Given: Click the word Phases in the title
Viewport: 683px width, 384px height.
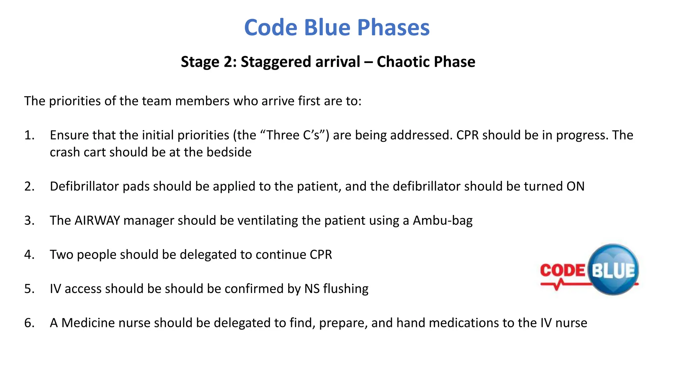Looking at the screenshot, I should click(393, 27).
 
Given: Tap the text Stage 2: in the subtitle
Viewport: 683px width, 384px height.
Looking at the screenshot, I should click(208, 62).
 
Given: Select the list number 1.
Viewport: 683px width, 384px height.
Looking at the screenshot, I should click(29, 135).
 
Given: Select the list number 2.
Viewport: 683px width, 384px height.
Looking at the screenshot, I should click(29, 186).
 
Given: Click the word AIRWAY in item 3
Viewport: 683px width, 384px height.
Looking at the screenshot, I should click(97, 221).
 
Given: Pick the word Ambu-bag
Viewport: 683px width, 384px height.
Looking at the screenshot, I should click(443, 221).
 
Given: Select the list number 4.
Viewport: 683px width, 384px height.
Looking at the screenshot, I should click(29, 255).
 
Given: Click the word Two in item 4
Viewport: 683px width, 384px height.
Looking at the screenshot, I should click(61, 255).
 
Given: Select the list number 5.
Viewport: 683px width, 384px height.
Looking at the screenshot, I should click(29, 289).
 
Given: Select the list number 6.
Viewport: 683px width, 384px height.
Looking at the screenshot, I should click(29, 323).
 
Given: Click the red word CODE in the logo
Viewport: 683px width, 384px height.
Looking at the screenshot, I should click(563, 270).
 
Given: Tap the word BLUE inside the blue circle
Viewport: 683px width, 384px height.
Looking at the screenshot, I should click(613, 271).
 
